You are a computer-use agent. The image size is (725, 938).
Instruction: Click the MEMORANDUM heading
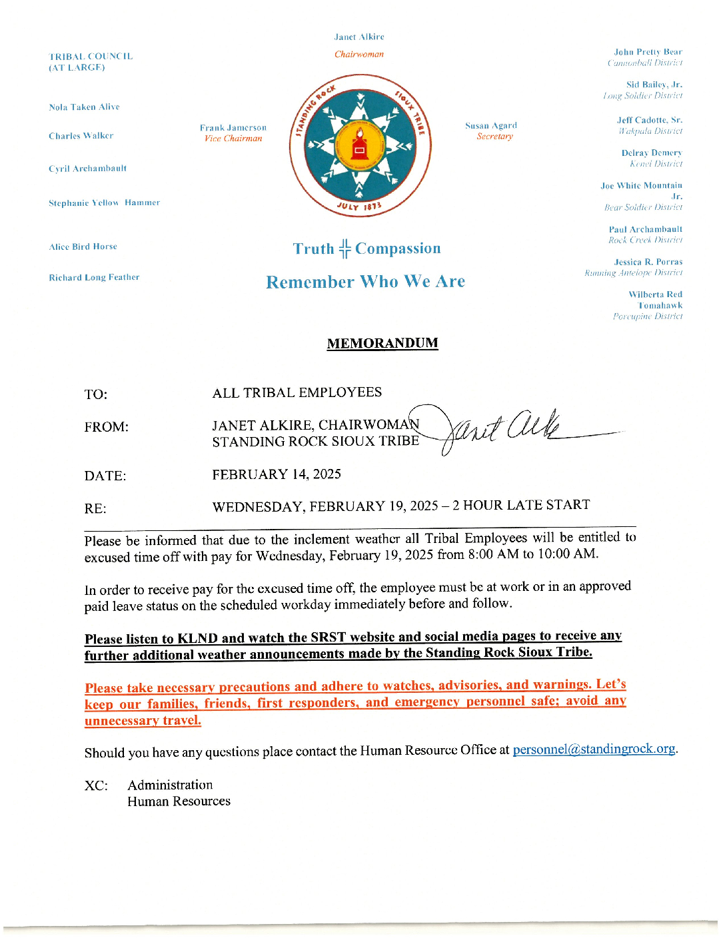pos(382,343)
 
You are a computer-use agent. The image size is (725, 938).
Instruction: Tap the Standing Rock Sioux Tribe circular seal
pos(360,145)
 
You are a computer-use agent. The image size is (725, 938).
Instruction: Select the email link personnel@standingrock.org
pos(594,749)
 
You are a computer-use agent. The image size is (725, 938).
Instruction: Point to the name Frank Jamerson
pos(233,127)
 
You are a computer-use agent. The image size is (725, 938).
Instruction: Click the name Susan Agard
pos(491,125)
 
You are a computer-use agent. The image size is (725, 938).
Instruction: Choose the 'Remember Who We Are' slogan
pos(365,282)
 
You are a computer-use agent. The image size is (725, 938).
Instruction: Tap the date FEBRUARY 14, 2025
pos(277,474)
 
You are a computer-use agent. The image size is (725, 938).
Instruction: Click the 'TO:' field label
pos(96,394)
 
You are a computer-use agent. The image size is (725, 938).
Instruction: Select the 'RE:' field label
pos(95,509)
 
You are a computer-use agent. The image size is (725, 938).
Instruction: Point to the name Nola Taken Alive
pos(84,107)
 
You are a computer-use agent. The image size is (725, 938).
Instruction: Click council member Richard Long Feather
pos(94,277)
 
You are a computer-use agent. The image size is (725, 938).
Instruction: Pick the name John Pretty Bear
pos(648,52)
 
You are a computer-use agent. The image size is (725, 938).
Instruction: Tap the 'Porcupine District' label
pos(648,316)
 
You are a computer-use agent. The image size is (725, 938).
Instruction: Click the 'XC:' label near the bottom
pos(96,785)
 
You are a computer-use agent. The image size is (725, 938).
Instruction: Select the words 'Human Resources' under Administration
pos(179,801)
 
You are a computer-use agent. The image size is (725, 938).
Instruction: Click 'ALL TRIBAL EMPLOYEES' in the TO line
pos(297,392)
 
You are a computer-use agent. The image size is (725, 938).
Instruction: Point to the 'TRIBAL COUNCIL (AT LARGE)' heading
pos(91,62)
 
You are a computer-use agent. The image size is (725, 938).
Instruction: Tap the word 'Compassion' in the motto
pos(398,248)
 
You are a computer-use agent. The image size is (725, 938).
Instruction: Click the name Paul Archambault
pos(645,229)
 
